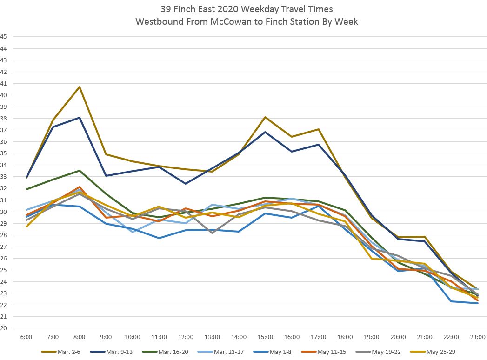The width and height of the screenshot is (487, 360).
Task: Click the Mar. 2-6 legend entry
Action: [x=64, y=351]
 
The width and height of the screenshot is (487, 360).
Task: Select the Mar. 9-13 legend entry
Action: [x=117, y=351]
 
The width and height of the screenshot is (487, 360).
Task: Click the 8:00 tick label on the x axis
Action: [x=79, y=337]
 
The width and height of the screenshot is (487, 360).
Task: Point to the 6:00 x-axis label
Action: [x=26, y=337]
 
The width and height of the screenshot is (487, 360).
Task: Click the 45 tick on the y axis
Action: [x=4, y=37]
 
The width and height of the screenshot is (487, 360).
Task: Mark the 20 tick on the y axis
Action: [x=4, y=328]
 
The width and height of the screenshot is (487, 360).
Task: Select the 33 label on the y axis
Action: [x=4, y=177]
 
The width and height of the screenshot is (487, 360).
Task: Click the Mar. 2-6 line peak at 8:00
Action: [x=80, y=87]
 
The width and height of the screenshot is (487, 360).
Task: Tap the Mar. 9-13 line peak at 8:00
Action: [x=80, y=118]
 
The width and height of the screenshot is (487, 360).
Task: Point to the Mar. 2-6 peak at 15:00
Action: [x=265, y=117]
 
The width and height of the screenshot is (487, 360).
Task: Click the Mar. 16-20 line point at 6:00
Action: [x=27, y=189]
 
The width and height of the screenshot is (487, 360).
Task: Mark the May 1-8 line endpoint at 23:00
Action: [x=478, y=303]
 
